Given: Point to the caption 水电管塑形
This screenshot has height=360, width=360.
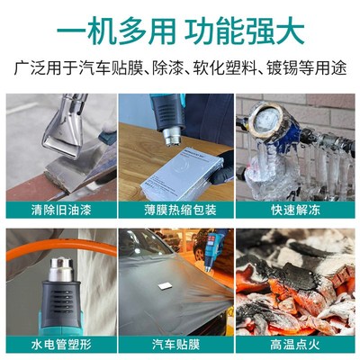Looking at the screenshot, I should [x=60, y=343].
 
